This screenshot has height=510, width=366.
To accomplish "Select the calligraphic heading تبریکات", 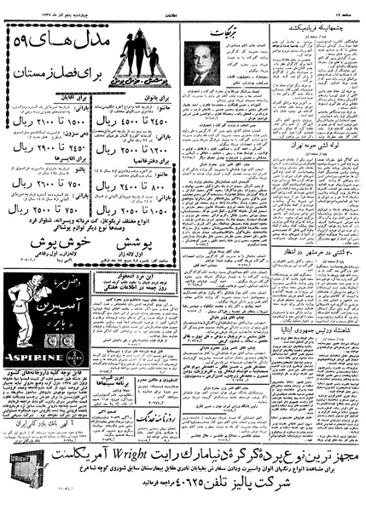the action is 225,30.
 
